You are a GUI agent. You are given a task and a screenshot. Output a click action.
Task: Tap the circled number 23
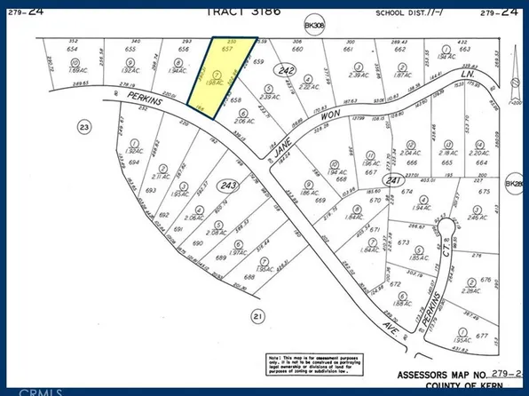tap(85, 126)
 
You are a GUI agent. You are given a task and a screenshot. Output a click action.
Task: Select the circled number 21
tap(257, 315)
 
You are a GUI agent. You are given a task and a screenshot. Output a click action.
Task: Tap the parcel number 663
tap(464, 50)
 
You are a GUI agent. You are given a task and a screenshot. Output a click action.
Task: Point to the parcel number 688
tap(249, 277)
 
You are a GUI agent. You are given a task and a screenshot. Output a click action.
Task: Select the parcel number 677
tap(483, 337)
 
